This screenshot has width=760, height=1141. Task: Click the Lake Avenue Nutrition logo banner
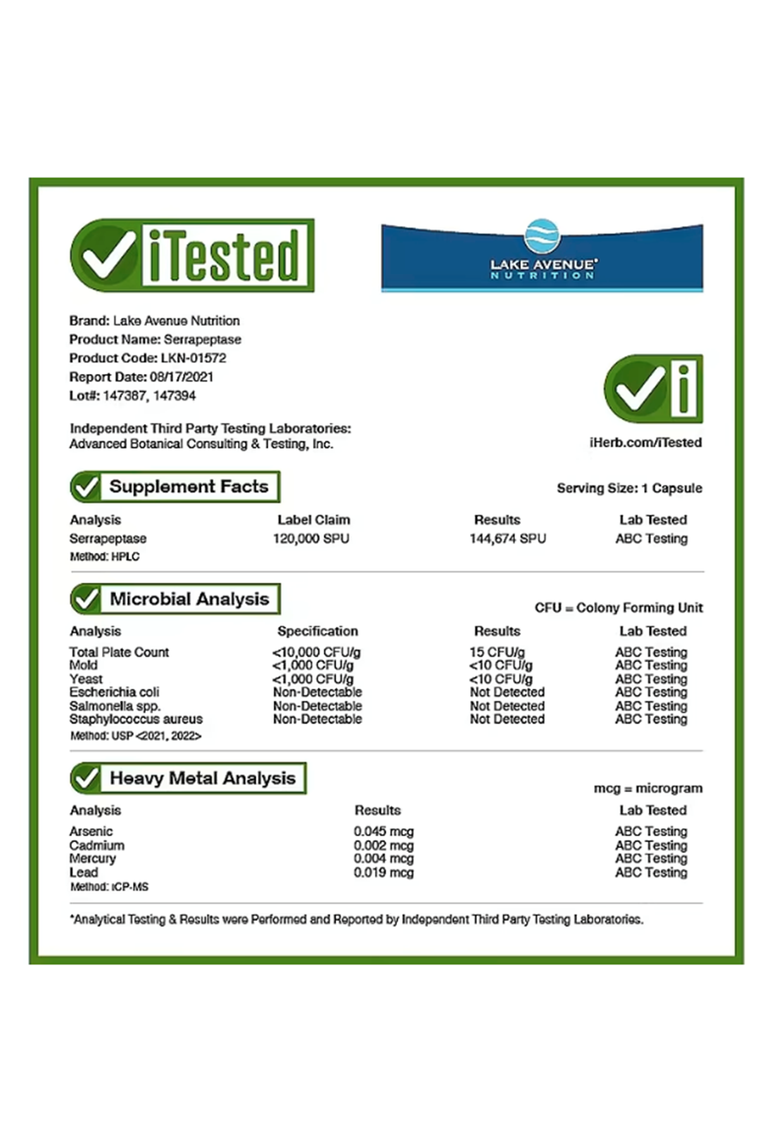pyautogui.click(x=542, y=257)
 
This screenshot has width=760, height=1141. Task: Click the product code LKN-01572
pyautogui.click(x=193, y=358)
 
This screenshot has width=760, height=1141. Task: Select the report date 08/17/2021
pyautogui.click(x=181, y=377)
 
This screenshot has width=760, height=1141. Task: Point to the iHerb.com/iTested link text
pyautogui.click(x=645, y=442)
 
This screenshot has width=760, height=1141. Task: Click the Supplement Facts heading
pyautogui.click(x=189, y=487)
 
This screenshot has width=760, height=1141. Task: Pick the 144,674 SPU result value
pyautogui.click(x=507, y=539)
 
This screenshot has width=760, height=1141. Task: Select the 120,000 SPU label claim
pyautogui.click(x=311, y=539)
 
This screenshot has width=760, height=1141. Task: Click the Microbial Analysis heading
pyautogui.click(x=189, y=599)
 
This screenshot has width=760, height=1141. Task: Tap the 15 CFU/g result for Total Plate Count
pyautogui.click(x=497, y=652)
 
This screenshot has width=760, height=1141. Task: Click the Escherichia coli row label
pyautogui.click(x=114, y=692)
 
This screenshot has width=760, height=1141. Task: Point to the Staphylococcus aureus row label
pyautogui.click(x=136, y=719)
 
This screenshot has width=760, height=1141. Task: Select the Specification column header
pyautogui.click(x=317, y=631)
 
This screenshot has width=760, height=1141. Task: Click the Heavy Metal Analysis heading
pyautogui.click(x=203, y=778)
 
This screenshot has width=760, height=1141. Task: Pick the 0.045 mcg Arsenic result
pyautogui.click(x=383, y=832)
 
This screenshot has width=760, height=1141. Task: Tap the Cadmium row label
pyautogui.click(x=97, y=846)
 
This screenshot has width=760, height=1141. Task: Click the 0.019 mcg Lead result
pyautogui.click(x=383, y=873)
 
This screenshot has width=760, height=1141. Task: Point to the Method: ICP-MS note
pyautogui.click(x=109, y=887)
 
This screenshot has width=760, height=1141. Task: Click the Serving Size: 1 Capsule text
pyautogui.click(x=629, y=488)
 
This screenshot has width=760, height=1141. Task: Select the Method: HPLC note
pyautogui.click(x=104, y=557)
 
